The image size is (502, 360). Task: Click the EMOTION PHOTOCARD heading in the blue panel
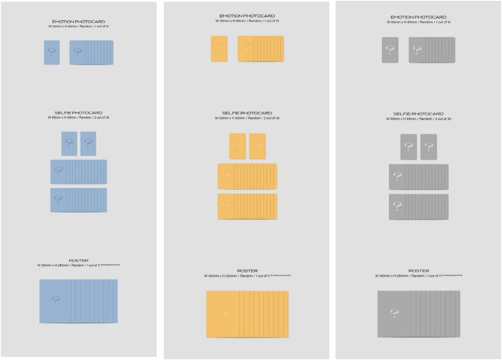79,21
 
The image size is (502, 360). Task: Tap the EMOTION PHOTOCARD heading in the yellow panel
247,16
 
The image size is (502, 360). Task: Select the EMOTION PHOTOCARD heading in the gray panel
418,17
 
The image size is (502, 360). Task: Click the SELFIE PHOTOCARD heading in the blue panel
79,113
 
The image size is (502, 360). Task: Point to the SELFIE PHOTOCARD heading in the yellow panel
247,113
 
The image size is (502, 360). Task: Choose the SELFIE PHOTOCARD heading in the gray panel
418,114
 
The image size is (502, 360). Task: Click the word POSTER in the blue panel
79,261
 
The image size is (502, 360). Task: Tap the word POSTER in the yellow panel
247,271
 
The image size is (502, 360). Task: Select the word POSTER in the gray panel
418,271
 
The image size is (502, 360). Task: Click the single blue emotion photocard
52,52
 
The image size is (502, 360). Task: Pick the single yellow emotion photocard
219,49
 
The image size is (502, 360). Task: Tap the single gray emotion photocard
390,50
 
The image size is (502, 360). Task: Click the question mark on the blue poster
55,301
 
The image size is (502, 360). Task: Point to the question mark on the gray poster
394,313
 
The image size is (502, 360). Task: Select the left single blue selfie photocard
69,143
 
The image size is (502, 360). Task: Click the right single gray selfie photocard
428,147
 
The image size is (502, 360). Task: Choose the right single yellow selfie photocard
257,146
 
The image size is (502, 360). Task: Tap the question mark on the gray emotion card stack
417,50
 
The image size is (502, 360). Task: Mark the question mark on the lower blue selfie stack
58,200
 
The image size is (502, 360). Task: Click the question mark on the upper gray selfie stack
397,177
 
